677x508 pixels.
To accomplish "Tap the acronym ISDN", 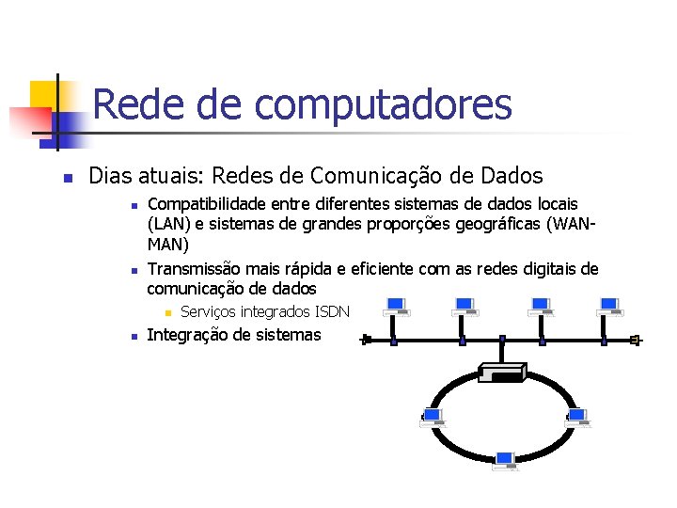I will [333, 311].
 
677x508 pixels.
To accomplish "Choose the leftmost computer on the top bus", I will [395, 308].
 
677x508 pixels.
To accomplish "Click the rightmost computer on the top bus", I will [610, 308].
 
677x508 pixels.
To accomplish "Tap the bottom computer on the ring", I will [505, 460].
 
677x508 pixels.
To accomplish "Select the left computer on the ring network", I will [433, 418].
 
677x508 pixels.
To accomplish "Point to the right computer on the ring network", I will [576, 418].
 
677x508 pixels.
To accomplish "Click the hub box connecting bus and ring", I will [502, 372].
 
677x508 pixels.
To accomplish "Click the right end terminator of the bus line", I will [636, 340].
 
